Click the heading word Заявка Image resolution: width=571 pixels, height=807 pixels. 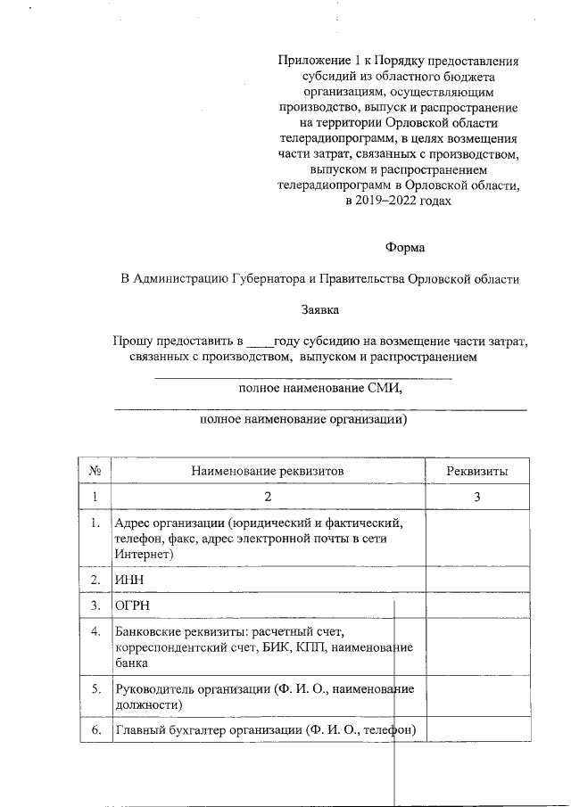pyautogui.click(x=319, y=309)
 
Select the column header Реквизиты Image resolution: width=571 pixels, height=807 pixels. pyautogui.click(x=477, y=471)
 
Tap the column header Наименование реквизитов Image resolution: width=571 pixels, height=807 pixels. pyautogui.click(x=266, y=471)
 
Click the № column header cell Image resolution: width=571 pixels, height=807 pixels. pyautogui.click(x=95, y=471)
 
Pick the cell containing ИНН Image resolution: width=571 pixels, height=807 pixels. pyautogui.click(x=129, y=580)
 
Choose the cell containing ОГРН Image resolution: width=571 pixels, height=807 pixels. pyautogui.click(x=132, y=605)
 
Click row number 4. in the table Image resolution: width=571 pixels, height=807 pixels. pyautogui.click(x=95, y=632)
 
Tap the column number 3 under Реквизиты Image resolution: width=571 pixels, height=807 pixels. pyautogui.click(x=477, y=497)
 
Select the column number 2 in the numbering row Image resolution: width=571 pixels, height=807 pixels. pyautogui.click(x=266, y=497)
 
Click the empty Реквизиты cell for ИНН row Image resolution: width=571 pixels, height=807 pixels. pyautogui.click(x=477, y=580)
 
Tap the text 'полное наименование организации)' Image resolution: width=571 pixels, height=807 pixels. pyautogui.click(x=303, y=418)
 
